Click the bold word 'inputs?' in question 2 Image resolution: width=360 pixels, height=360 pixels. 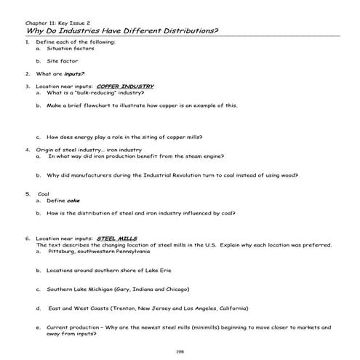74,73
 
